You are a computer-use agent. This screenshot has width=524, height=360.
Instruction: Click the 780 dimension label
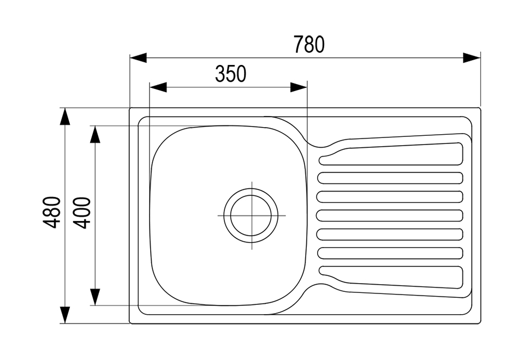pos(309,44)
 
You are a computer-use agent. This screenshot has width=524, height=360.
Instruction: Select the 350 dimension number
pos(230,74)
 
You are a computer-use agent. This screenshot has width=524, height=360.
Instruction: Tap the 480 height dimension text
pos(52,212)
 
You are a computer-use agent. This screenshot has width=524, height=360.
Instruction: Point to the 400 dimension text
pos(81,213)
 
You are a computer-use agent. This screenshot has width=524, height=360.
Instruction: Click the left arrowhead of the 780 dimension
pos(138,57)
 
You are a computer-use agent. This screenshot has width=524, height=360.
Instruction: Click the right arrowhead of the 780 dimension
pos(472,57)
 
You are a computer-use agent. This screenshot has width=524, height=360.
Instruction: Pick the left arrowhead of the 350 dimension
pos(158,87)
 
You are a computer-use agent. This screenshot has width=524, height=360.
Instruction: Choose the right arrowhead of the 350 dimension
pos(299,87)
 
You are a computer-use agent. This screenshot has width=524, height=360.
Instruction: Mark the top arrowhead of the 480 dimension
pos(65,117)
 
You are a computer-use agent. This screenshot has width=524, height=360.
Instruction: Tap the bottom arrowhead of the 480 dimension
pos(65,315)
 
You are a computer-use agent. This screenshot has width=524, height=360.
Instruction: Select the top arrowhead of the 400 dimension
pos(95,134)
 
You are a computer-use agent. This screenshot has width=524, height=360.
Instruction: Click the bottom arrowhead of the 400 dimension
pos(95,297)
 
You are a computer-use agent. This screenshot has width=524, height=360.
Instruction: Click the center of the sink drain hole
pos(251,215)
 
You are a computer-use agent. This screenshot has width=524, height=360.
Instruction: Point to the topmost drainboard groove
pos(391,154)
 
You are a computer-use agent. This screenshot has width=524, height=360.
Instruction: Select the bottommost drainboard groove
pos(391,277)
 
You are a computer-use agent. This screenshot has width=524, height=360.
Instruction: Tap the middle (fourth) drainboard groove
pos(390,215)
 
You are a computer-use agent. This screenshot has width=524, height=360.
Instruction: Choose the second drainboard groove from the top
pos(390,178)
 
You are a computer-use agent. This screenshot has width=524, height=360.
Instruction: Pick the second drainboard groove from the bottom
pos(390,253)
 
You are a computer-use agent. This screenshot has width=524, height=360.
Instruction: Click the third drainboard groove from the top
pos(390,197)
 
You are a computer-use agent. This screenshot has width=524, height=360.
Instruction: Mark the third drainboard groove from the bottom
pos(390,234)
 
